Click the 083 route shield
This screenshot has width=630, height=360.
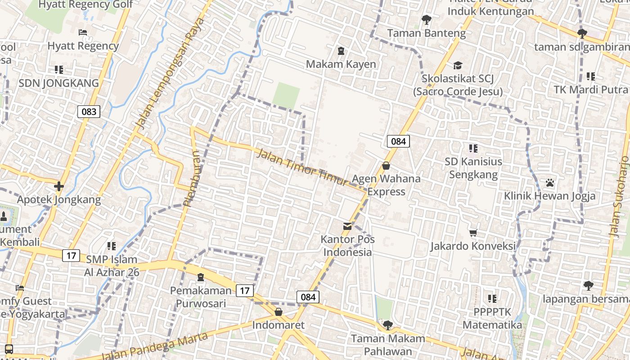tap(89, 112)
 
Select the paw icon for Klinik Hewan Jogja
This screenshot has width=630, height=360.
tap(549, 183)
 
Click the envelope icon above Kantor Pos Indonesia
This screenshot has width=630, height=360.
tap(347, 226)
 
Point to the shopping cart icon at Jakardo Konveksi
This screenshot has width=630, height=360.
tap(473, 233)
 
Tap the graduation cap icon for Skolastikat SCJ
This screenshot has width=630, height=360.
tap(458, 66)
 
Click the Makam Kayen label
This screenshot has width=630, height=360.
tap(341, 64)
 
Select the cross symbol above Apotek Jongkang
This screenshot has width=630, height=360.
tap(59, 186)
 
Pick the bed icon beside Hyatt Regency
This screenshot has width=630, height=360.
tap(83, 32)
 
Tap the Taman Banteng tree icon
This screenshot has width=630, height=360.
tap(426, 20)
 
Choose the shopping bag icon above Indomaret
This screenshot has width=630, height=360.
tap(279, 312)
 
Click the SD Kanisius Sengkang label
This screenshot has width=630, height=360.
tap(473, 168)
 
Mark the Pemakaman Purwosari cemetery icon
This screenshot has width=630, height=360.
tap(201, 277)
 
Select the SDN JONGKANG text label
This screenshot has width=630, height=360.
tap(58, 83)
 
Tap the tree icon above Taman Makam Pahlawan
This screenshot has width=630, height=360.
tap(387, 325)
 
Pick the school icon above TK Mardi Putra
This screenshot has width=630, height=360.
tap(590, 76)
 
